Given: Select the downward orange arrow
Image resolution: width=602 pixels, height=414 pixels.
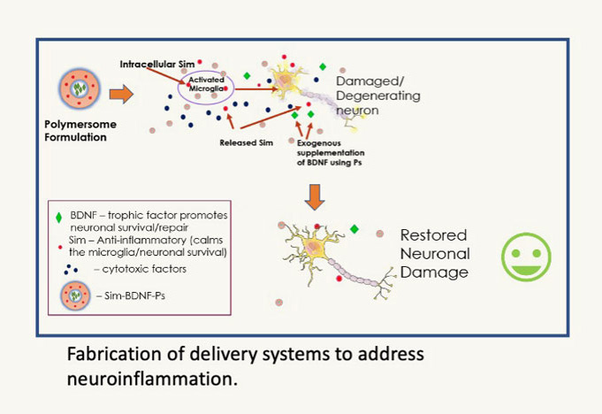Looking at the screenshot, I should pos(315,197).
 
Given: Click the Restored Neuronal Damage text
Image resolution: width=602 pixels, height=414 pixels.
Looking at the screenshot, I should pos(434,254).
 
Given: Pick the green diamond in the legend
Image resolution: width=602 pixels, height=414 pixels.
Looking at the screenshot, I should pos(60,214).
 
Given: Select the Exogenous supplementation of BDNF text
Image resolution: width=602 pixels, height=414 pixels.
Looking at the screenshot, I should pos(337,152).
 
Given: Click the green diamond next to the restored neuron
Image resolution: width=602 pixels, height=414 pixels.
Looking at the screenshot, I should pos(354,229).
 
